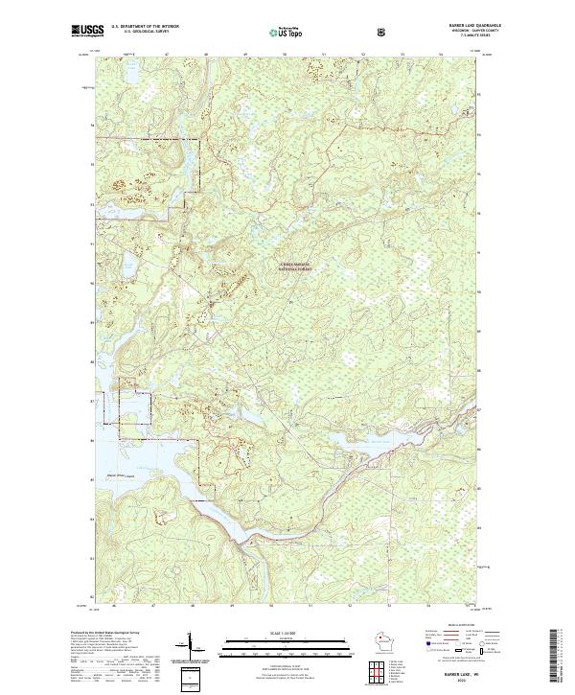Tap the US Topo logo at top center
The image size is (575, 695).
point(285,31)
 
